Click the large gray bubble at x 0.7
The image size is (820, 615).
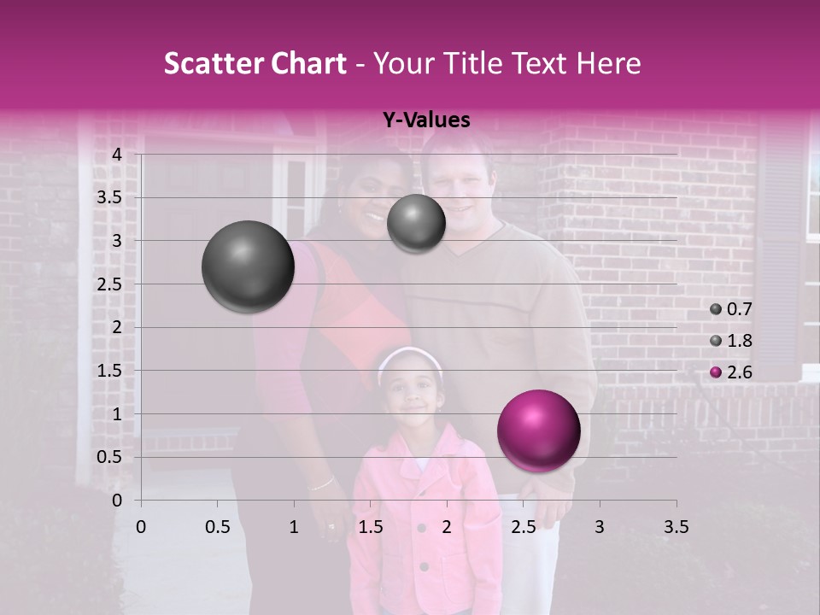248,266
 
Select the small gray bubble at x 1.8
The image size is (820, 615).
416,223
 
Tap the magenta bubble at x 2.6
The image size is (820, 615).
538,430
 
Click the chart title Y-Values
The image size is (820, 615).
426,120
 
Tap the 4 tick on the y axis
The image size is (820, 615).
117,155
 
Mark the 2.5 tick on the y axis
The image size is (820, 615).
110,284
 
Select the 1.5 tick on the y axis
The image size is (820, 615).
110,371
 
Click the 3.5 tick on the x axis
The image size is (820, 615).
676,527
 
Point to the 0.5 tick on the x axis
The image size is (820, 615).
217,527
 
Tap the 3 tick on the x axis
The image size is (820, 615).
600,527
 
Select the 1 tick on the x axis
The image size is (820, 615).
294,527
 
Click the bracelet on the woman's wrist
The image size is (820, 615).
321,484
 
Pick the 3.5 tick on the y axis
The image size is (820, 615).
110,198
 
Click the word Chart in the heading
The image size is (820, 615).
309,63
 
